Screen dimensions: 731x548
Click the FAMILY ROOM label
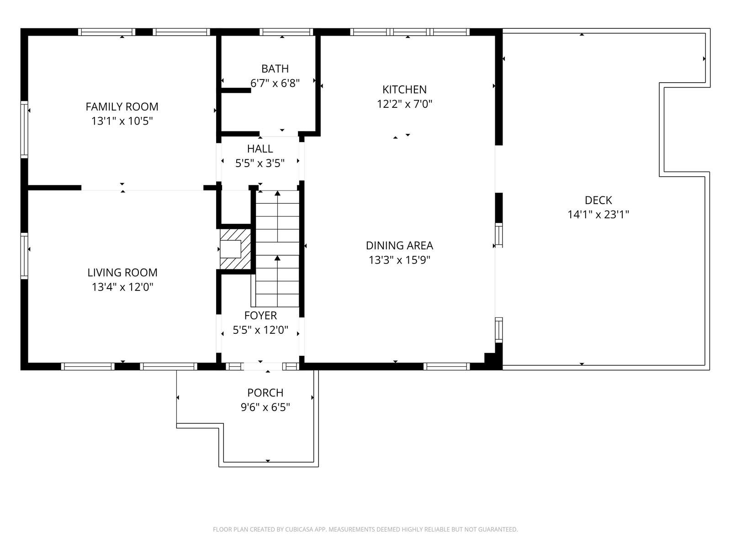tap(122, 106)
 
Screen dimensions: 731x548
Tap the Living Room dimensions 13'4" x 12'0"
tap(122, 287)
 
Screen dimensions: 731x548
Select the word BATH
tap(275, 68)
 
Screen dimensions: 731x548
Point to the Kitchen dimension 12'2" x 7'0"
tap(404, 104)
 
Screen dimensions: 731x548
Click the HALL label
tap(260, 148)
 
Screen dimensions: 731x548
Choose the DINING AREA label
tap(399, 246)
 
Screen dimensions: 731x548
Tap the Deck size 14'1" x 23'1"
tap(598, 215)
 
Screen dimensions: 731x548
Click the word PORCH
tap(265, 393)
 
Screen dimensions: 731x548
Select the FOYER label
tap(260, 316)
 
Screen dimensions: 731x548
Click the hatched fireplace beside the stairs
tap(235, 249)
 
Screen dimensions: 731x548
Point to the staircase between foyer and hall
tap(277, 248)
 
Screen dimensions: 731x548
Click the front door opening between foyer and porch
tap(263, 366)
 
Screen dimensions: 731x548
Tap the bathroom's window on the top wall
tap(286, 32)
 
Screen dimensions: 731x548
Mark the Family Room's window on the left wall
tap(24, 129)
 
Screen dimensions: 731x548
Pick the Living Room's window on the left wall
tap(24, 256)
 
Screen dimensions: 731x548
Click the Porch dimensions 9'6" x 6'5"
tap(265, 407)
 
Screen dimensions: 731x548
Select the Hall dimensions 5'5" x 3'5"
tap(260, 163)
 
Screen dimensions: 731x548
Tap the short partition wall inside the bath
tap(236, 90)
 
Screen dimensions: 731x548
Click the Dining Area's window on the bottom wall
tap(446, 366)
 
